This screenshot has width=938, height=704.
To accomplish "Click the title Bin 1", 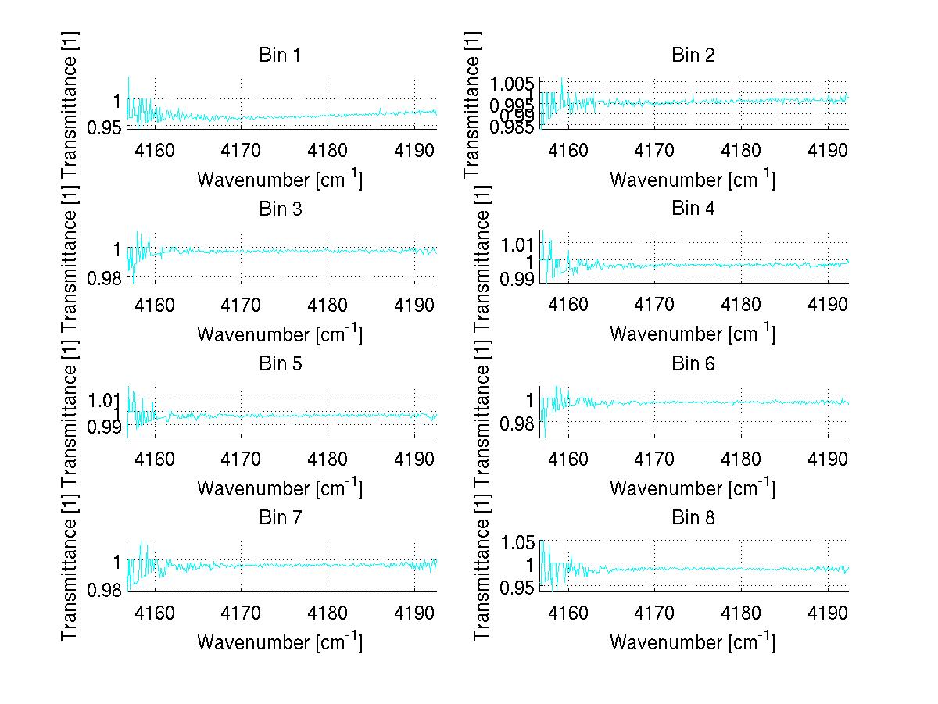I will [279, 55].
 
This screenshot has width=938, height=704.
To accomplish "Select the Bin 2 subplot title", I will [693, 55].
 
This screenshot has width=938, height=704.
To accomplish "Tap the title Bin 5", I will [279, 363].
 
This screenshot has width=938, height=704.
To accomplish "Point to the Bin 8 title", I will [693, 517].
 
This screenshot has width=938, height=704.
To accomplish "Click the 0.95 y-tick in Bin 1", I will [102, 127].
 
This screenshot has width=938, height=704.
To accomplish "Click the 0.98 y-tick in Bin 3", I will [102, 278].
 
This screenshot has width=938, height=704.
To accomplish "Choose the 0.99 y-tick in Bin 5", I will [102, 427].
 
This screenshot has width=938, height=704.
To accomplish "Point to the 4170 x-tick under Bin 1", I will [241, 149].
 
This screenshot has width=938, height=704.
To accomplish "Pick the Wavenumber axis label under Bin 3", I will [279, 334].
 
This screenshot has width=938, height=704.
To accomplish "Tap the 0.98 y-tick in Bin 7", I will [102, 589].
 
